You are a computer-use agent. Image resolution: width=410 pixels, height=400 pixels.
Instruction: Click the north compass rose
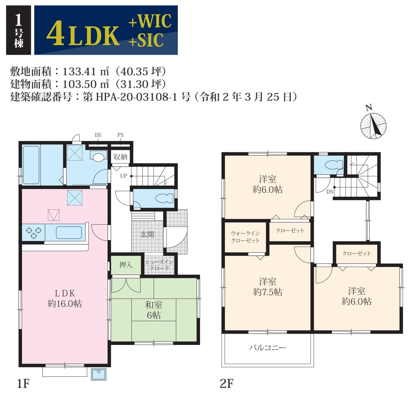click(373, 126)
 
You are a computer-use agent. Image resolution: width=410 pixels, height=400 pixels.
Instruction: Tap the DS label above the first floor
click(98, 135)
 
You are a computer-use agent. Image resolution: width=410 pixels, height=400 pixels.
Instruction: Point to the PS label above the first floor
click(120, 135)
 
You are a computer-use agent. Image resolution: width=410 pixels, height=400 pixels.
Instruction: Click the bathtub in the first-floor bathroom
click(31, 165)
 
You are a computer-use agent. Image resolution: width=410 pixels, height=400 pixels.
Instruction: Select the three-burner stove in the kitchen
click(34, 232)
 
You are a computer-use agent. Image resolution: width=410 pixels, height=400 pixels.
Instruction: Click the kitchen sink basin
click(69, 233)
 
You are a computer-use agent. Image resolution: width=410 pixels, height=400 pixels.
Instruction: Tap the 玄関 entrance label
click(147, 234)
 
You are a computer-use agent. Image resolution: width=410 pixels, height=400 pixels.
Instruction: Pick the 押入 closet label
click(126, 265)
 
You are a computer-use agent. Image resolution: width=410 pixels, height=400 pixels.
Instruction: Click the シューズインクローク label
click(159, 265)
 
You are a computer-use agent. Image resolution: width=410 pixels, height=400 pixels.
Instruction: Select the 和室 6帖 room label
click(154, 310)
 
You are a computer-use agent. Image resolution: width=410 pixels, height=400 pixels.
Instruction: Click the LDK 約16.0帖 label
click(65, 298)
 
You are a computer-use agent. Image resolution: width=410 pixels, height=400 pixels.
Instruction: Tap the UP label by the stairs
click(124, 176)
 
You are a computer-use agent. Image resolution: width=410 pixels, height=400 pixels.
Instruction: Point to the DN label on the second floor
click(330, 192)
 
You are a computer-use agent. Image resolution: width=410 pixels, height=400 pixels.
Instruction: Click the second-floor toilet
click(335, 165)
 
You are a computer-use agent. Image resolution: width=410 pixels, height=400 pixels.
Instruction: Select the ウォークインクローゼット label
click(245, 237)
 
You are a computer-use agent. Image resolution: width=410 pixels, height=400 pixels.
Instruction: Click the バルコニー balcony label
click(267, 347)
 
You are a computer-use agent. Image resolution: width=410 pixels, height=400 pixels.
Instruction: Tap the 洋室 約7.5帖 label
click(268, 287)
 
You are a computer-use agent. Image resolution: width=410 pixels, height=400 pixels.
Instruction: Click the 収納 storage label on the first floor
click(120, 157)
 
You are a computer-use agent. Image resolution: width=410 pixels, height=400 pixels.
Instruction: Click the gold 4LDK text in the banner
click(83, 33)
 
